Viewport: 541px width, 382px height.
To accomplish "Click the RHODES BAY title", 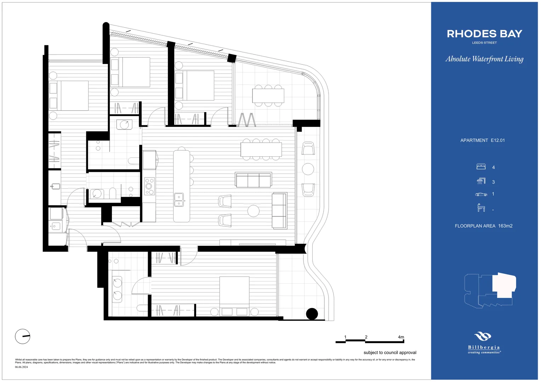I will coord(484,34).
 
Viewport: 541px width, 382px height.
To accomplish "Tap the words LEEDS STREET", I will coord(484,43).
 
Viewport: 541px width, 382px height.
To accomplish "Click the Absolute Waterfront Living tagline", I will coord(484,59).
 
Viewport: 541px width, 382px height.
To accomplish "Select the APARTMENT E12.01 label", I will coord(482,140).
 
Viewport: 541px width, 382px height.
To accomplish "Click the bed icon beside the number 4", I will coord(481,167).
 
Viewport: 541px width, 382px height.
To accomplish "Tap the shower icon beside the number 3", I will coord(481,181).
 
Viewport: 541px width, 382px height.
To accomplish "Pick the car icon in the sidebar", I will coord(481,194).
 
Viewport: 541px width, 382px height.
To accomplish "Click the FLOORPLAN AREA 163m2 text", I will coord(483,226).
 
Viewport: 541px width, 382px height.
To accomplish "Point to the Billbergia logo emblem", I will coord(483,336).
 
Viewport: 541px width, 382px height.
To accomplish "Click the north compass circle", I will coord(23,336).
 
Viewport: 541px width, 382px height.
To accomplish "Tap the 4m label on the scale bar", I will coord(401,337).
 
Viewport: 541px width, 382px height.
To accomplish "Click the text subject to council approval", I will coord(390,353).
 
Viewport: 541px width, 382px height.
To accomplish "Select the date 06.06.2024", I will coord(21,367).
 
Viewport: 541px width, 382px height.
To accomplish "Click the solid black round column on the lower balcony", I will coord(312,314).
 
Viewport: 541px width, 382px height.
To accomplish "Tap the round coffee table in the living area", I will coord(254,211).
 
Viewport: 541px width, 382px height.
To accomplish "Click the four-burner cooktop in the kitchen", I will coord(149,186).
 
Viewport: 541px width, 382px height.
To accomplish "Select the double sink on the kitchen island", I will coord(179,200).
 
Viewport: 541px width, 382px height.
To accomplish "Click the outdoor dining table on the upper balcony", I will coord(268,95).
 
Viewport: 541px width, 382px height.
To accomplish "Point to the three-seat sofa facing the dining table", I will coord(254,180).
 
